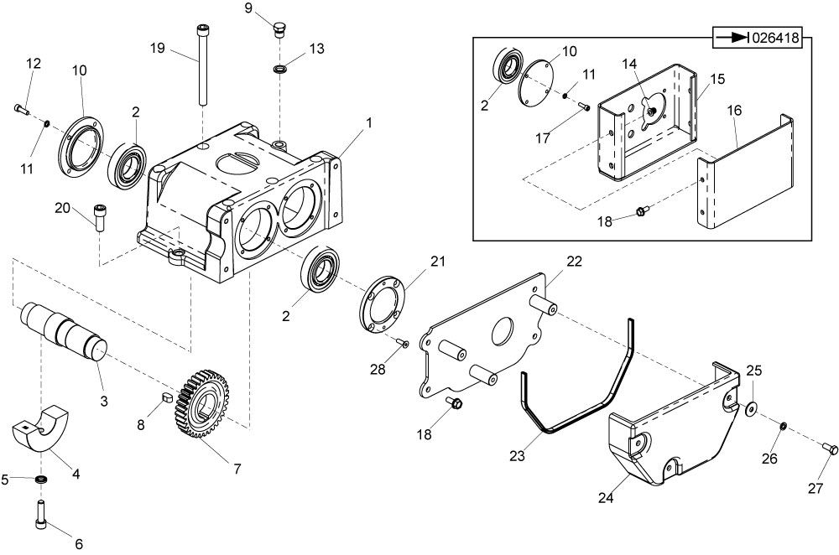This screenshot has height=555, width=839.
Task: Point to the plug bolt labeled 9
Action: coord(279,32)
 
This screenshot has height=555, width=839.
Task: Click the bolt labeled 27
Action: coord(831,449)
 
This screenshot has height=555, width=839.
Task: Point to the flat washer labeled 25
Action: coord(752,409)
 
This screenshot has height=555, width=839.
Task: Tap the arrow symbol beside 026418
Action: coord(729,38)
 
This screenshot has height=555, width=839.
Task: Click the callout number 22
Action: coord(574,261)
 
